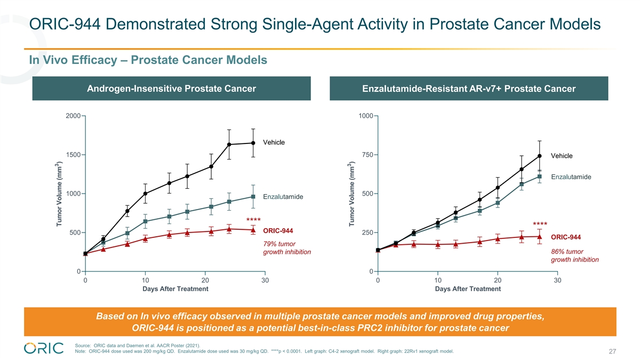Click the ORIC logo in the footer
click(44, 347)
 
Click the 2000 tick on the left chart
click(73, 116)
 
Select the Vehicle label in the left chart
click(274, 142)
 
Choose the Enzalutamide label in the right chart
click(571, 177)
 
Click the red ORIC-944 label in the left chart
click(278, 230)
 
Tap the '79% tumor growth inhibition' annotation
click(287, 247)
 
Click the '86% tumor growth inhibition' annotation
click(574, 255)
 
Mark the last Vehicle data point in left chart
click(253, 143)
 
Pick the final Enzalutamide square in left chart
click(253, 197)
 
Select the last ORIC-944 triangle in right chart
click(540, 236)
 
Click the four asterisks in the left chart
click(253, 220)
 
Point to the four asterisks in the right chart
click(540, 223)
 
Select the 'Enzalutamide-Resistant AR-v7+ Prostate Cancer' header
click(468, 89)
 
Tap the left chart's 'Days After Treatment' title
click(175, 289)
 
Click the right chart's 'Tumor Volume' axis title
click(351, 194)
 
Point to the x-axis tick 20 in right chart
click(498, 279)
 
